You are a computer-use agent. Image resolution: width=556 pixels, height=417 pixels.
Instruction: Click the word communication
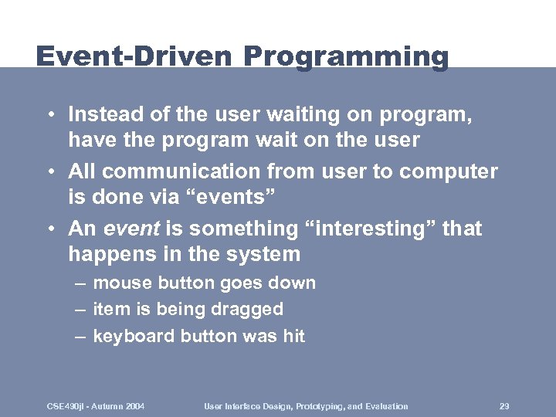[x=181, y=171]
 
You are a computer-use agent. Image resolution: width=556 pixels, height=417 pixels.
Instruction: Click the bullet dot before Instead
[x=49, y=115]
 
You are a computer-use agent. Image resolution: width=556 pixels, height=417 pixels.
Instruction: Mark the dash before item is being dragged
[x=80, y=310]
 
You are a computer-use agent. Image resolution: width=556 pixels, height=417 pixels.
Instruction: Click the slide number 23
[x=505, y=405]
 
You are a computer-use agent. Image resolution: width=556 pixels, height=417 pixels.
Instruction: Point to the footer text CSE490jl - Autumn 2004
[x=97, y=405]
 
